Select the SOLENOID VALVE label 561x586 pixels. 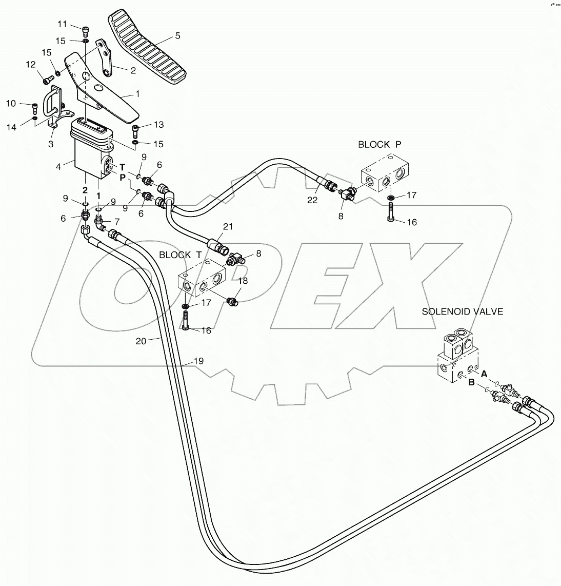pyautogui.click(x=462, y=311)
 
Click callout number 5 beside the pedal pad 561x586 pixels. pyautogui.click(x=177, y=36)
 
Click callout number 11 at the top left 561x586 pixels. pyautogui.click(x=62, y=24)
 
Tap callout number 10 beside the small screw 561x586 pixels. pyautogui.click(x=11, y=104)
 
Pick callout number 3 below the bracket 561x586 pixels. pyautogui.click(x=51, y=145)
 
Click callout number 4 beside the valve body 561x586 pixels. pyautogui.click(x=58, y=166)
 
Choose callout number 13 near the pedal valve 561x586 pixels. pyautogui.click(x=158, y=125)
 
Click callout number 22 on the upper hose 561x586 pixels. pyautogui.click(x=313, y=200)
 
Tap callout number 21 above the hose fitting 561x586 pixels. pyautogui.click(x=228, y=226)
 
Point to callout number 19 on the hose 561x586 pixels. pyautogui.click(x=198, y=361)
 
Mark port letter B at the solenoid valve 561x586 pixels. pyautogui.click(x=471, y=381)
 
